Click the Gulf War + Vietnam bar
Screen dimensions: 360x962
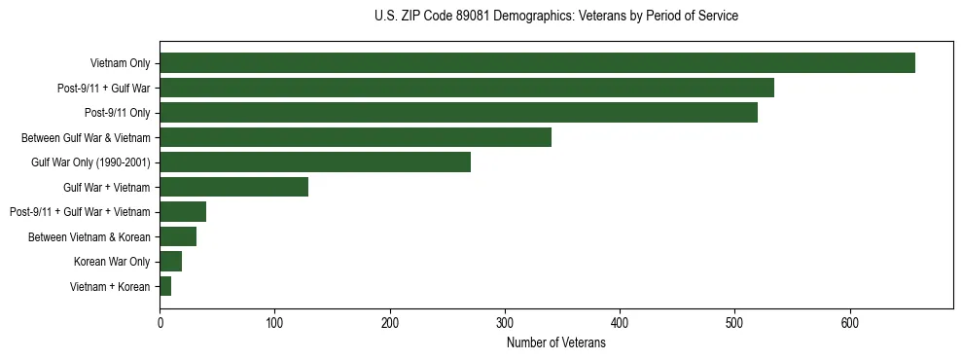pos(233,187)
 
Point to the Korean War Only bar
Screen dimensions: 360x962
pos(171,262)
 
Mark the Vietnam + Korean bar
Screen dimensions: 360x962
pos(165,286)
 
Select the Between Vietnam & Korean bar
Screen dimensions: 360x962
pos(178,236)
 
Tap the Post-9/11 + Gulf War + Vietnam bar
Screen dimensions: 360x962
pos(183,212)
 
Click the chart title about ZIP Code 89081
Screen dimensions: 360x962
pos(555,17)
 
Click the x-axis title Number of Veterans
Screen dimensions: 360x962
pos(555,343)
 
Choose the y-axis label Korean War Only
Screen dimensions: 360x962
pos(112,262)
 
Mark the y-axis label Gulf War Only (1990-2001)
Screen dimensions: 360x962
pos(90,162)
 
